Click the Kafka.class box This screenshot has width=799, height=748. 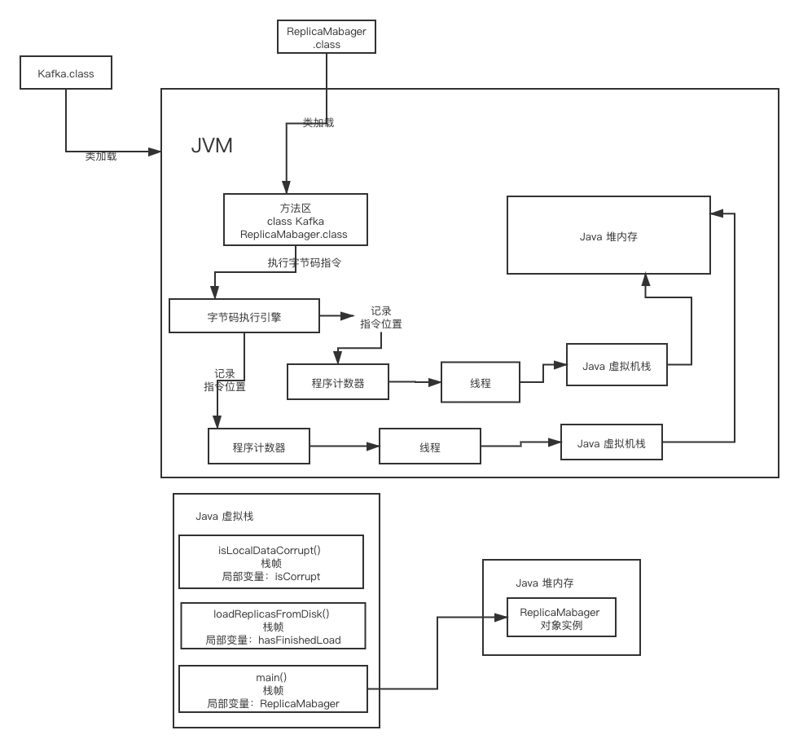coord(65,73)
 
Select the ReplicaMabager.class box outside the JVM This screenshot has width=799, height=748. coord(326,37)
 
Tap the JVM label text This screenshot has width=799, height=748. coord(212,146)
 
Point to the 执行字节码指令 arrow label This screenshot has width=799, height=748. coord(304,262)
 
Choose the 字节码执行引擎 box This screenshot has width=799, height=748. coord(244,315)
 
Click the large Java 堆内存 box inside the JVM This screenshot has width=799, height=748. coord(608,235)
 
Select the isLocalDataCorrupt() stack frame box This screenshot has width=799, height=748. coord(270,562)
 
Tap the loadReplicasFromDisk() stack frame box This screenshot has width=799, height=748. coord(273,626)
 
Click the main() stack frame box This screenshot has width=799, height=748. coord(272,689)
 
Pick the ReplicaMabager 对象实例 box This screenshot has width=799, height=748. coord(561,618)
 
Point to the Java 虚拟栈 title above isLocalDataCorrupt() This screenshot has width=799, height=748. coord(224,517)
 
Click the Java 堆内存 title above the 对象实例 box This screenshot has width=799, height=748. coord(545,583)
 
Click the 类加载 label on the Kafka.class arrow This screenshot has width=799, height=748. coord(101,156)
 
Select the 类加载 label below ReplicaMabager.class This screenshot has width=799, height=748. coord(318,122)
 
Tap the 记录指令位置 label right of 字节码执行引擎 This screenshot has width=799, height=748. coord(381,317)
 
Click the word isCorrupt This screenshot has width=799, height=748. coord(297,576)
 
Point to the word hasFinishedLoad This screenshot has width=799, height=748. coord(300,640)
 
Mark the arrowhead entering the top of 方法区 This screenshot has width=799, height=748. coord(286,187)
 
